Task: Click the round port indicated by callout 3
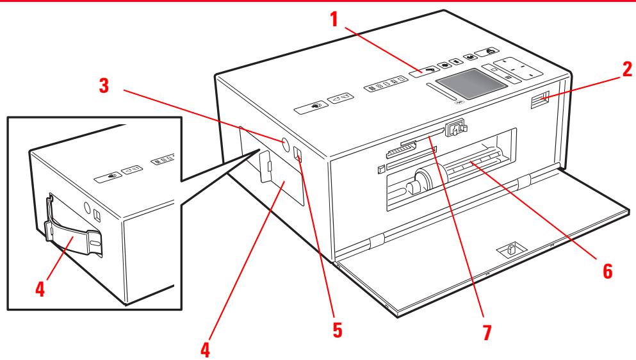pyautogui.click(x=282, y=142)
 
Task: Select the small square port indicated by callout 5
pyautogui.click(x=298, y=155)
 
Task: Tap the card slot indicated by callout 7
pyautogui.click(x=421, y=136)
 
